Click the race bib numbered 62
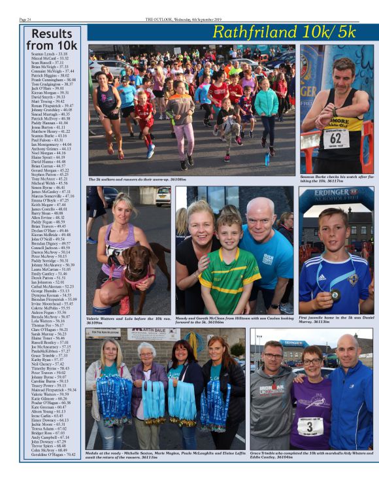click(335, 138)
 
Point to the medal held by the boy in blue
click(334, 295)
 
